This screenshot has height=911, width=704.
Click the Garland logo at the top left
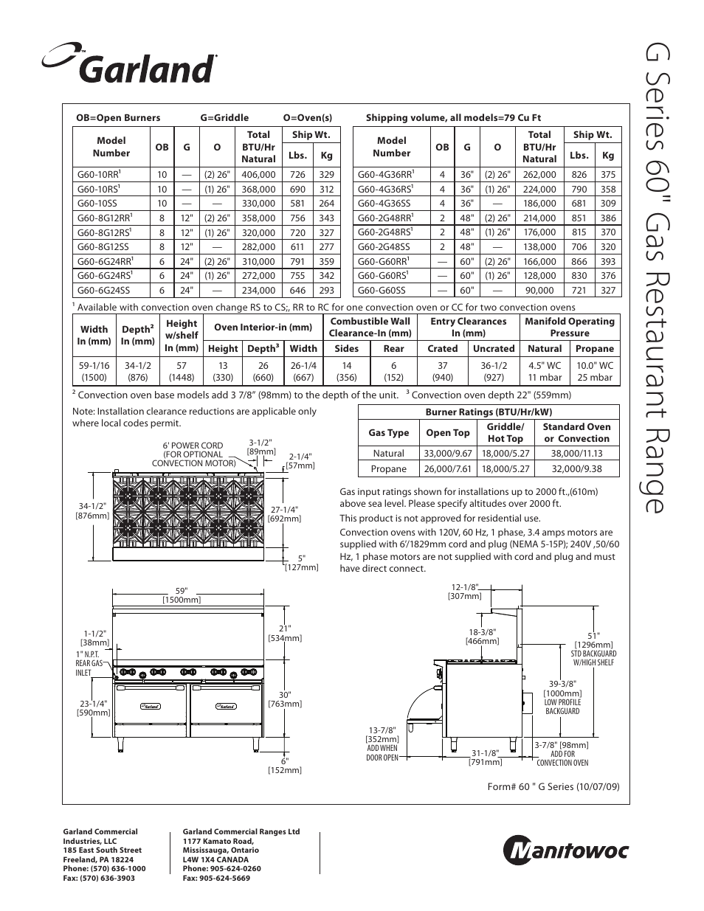point(130,66)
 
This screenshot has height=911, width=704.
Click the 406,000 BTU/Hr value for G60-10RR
point(258,175)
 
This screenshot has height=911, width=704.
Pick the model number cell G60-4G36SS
point(384,204)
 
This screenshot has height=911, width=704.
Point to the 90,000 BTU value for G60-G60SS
point(539,291)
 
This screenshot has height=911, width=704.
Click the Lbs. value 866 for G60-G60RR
point(579,261)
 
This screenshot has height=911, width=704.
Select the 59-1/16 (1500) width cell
point(94,371)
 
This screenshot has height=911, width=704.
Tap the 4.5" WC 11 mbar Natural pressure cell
point(545,371)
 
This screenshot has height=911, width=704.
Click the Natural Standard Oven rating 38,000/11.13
point(576,454)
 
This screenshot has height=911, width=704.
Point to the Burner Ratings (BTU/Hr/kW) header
point(489,412)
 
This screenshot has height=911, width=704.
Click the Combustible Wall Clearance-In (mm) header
point(370,327)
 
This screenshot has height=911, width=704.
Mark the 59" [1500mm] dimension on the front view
point(182,595)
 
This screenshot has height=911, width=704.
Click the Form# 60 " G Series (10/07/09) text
point(553,786)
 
